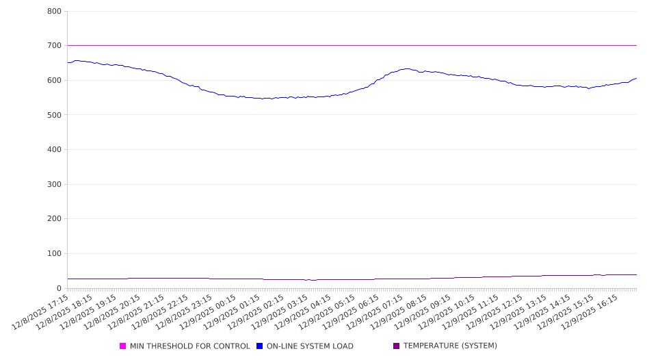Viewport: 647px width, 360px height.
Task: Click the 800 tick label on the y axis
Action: [55, 12]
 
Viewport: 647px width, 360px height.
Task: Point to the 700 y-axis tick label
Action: [55, 46]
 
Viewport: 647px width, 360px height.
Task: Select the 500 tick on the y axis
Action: [55, 115]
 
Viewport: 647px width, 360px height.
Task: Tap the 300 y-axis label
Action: [55, 184]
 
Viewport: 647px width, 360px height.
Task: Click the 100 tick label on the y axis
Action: [55, 254]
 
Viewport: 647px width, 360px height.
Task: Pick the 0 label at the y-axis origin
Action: [60, 288]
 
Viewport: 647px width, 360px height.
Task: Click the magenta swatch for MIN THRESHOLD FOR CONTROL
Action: [123, 346]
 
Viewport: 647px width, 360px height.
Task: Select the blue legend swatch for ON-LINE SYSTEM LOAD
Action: [260, 346]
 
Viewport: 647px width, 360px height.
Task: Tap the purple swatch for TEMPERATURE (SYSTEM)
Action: [397, 346]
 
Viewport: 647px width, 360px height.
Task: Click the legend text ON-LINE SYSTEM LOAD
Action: [310, 346]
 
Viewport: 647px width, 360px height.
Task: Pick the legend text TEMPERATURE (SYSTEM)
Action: [450, 346]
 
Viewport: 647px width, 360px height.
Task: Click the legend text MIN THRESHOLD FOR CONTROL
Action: [190, 346]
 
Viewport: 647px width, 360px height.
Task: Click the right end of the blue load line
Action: [637, 78]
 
